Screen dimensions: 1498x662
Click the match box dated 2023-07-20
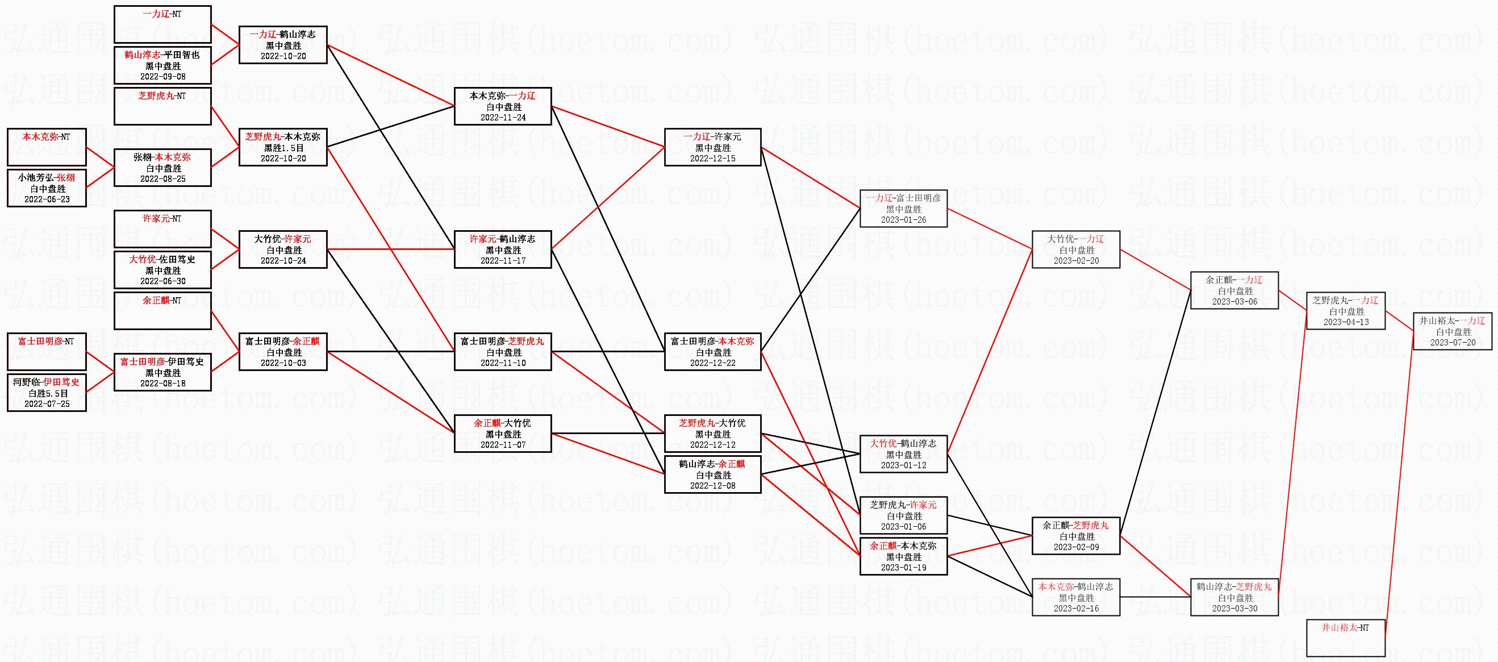pos(1453,331)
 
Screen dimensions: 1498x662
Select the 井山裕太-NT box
pos(1346,638)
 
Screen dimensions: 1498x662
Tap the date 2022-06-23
pos(47,199)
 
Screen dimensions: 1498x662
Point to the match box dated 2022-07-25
pos(47,393)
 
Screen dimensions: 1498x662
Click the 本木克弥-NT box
pos(47,147)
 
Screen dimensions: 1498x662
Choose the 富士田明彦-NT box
pos(47,351)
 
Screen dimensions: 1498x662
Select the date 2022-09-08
pos(163,77)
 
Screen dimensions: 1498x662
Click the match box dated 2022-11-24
pos(503,106)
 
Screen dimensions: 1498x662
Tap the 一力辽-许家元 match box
pos(713,147)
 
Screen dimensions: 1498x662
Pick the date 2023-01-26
pos(904,220)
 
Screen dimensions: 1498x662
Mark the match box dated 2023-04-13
pos(1346,311)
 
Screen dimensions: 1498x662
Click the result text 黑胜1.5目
pos(284,148)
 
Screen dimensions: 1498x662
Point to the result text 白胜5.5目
pos(48,393)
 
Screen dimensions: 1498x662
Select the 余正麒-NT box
pos(163,311)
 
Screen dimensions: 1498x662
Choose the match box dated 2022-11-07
pos(503,434)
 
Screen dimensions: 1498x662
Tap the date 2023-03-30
pos(1234,609)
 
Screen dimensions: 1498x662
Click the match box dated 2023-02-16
pos(1076,597)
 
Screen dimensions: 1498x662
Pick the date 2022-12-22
pos(713,363)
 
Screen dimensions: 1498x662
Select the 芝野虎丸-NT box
pos(163,106)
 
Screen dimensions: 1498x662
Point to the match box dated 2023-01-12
pos(904,454)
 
